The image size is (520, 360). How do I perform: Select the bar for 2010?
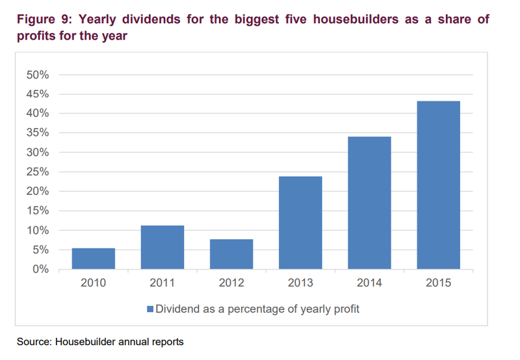pos(94,259)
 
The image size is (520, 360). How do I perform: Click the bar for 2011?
pos(162,248)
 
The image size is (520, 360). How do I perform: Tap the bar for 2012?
pos(231,254)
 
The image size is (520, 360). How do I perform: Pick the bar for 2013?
pos(300,223)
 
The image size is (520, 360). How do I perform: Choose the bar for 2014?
pos(369,203)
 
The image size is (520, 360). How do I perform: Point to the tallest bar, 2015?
pos(438,185)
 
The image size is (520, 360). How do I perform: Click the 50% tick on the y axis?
pos(37,75)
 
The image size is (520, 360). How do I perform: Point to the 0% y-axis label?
pos(40,270)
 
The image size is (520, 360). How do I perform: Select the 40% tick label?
pos(37,114)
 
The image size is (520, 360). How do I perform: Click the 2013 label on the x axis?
pos(300,283)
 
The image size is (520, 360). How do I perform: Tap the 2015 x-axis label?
pos(438,283)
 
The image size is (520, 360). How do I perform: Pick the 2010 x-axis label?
pos(94,283)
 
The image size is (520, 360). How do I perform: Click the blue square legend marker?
pos(150,309)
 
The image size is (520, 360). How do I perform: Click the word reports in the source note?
pos(167,341)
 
